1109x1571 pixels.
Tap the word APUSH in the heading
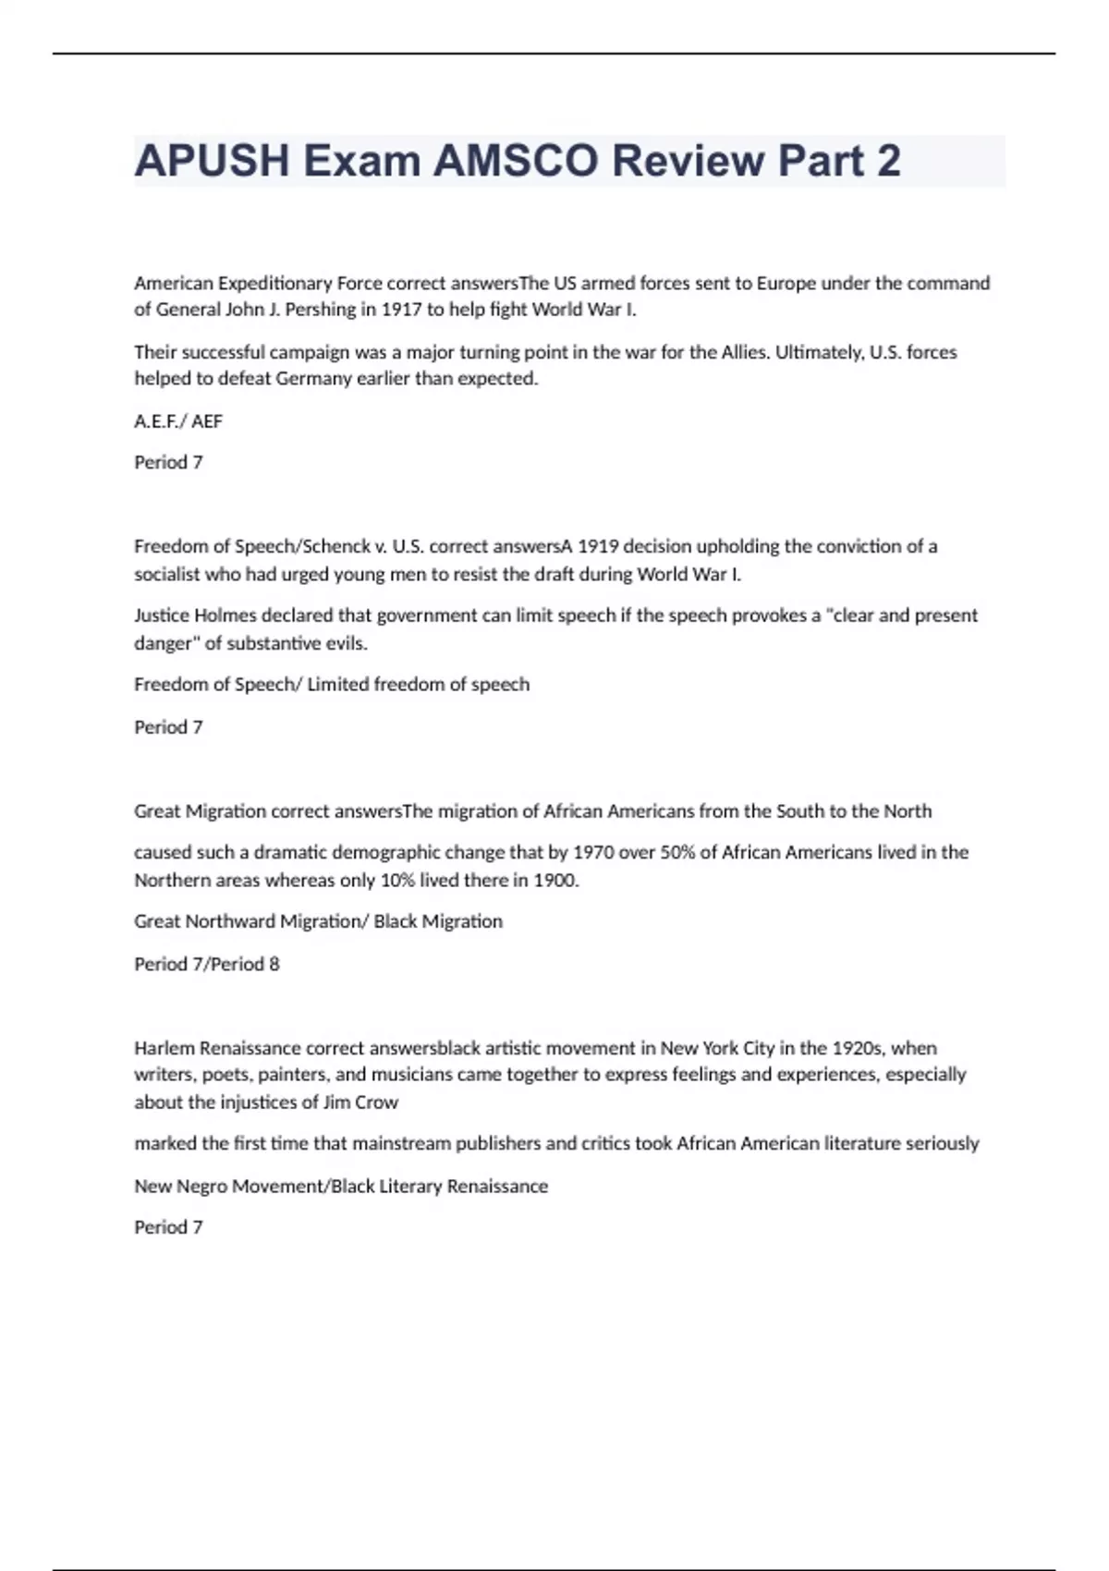pyautogui.click(x=212, y=161)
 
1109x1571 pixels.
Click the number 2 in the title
pyautogui.click(x=888, y=161)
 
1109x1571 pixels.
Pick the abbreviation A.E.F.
pyautogui.click(x=158, y=421)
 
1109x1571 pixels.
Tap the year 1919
pyautogui.click(x=598, y=546)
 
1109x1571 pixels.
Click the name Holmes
pyautogui.click(x=225, y=615)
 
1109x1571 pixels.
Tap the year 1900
pyautogui.click(x=555, y=880)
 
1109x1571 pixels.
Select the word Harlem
pyautogui.click(x=164, y=1048)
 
